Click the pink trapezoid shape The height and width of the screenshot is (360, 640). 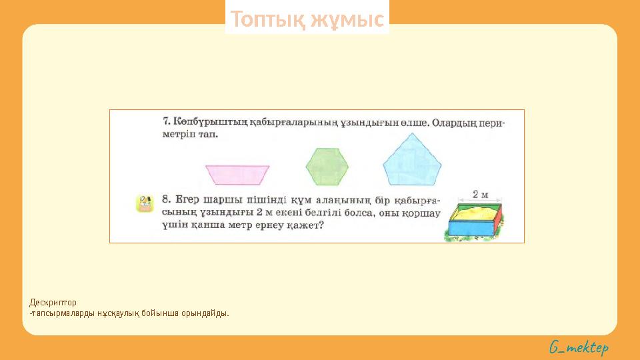point(237,174)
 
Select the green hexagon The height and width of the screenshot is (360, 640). point(327,167)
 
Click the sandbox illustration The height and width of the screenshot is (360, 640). point(475,221)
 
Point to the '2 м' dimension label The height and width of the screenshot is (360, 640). point(480,195)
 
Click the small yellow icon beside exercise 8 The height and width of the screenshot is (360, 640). point(145,204)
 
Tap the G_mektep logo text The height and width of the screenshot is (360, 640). point(579,347)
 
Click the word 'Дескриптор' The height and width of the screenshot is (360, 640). point(53,302)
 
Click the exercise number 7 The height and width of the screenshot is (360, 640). point(166,122)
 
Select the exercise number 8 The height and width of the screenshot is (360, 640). point(166,199)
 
